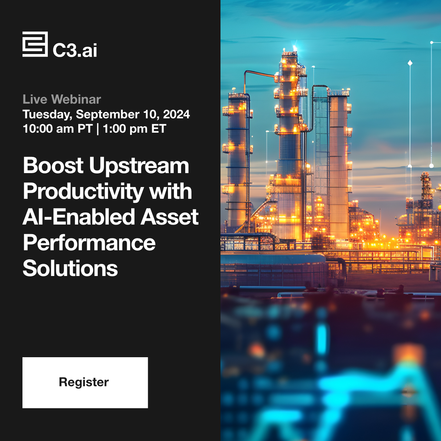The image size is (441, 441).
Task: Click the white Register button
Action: click(x=85, y=383)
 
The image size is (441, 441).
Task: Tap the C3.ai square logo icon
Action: click(x=35, y=44)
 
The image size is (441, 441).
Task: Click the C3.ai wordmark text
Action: click(x=75, y=50)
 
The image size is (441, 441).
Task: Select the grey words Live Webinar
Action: click(x=62, y=99)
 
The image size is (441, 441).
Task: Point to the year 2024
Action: click(x=176, y=114)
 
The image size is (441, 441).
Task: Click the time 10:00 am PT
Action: click(x=57, y=129)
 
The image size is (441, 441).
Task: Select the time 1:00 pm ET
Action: click(x=135, y=129)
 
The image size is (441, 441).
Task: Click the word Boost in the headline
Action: click(x=53, y=165)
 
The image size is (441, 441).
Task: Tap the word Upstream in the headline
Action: click(x=139, y=166)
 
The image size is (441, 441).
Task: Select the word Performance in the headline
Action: click(x=89, y=243)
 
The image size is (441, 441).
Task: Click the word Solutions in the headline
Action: click(x=70, y=268)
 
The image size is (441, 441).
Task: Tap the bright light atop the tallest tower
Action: click(x=294, y=48)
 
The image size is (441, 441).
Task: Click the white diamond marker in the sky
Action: click(x=410, y=63)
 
